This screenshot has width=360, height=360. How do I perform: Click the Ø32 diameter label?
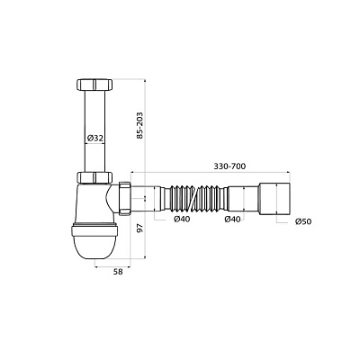point(95,139)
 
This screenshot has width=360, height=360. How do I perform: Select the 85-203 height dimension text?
point(139,125)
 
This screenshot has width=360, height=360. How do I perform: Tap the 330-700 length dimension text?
point(229,166)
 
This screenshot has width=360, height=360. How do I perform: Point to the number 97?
point(139,228)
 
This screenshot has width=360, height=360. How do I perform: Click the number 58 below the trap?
point(118,272)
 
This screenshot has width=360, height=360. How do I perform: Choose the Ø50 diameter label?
point(303,221)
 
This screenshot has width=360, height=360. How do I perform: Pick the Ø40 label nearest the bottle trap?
point(182,220)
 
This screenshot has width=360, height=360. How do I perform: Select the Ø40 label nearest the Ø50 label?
point(232,220)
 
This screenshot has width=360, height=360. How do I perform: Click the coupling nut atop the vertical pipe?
point(94,85)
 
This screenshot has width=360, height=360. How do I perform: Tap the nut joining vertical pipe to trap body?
point(94,177)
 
